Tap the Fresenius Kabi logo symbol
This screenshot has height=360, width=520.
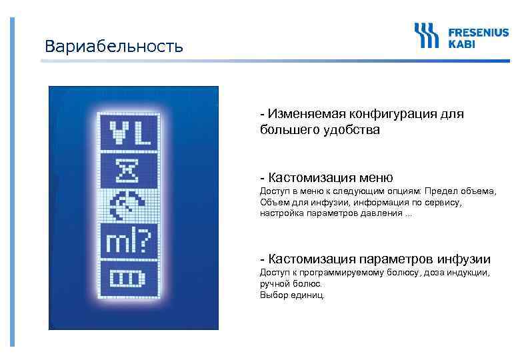point(427,35)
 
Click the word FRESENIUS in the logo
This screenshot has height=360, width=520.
point(478,31)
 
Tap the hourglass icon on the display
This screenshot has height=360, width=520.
point(129,169)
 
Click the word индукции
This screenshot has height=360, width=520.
point(469,273)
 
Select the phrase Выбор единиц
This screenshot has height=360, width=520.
point(292,294)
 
